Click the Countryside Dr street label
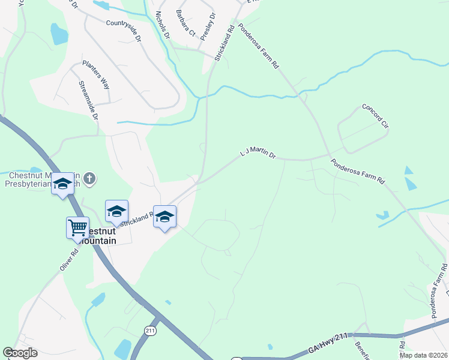tap(123, 31)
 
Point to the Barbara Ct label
tap(185, 22)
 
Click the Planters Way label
tap(96, 75)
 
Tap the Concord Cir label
tap(375, 116)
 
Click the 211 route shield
tap(150, 330)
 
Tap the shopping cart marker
tap(77, 228)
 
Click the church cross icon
tap(89, 178)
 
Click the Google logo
tap(20, 353)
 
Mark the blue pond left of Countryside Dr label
tap(59, 34)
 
